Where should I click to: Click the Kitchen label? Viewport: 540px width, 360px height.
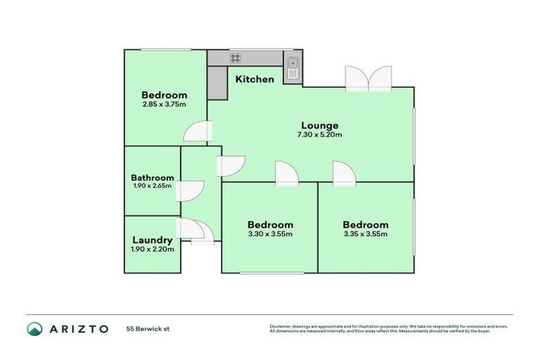point(254,79)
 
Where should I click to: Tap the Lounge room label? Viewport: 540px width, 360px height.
point(319,125)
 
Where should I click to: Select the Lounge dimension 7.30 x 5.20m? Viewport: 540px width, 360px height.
point(319,135)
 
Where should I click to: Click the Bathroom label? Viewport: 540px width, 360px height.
point(153,178)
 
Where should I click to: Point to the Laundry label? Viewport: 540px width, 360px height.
point(153,240)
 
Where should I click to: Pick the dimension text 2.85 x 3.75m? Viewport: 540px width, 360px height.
point(164,105)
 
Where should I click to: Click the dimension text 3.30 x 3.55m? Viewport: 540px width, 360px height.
point(270,234)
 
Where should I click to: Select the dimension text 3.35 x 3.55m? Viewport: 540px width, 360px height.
point(366,234)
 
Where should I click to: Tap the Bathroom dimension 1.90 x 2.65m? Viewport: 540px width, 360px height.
point(153,187)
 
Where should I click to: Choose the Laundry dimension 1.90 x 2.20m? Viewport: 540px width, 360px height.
point(153,249)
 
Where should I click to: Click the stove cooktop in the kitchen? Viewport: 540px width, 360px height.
point(235,58)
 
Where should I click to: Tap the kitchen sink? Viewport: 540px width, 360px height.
point(292,69)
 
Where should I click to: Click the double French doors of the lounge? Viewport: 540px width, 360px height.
point(368,79)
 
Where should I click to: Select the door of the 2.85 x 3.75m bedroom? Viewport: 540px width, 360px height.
point(197,132)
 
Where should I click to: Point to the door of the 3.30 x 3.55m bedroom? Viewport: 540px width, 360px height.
point(286,174)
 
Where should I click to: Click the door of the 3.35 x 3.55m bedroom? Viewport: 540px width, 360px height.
point(344,174)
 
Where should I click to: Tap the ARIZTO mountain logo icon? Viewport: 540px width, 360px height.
point(34,328)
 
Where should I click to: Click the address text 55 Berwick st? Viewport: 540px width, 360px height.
point(148,328)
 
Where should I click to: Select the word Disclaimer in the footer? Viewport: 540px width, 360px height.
point(281,326)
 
